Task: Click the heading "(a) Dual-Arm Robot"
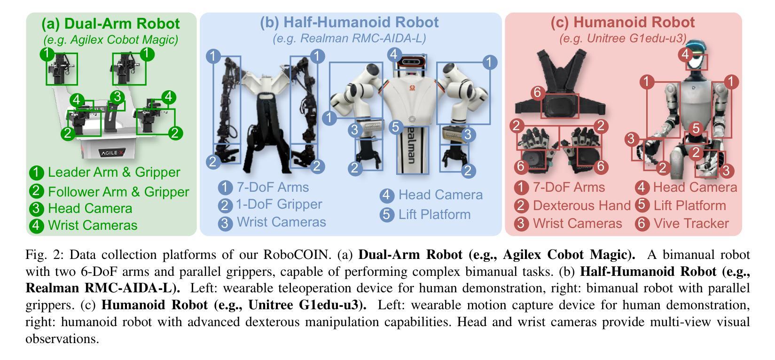click(x=110, y=23)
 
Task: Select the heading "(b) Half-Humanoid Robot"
click(x=349, y=22)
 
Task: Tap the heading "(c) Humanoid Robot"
click(x=622, y=22)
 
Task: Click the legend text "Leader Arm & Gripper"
click(x=114, y=172)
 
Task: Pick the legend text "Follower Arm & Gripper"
click(x=118, y=192)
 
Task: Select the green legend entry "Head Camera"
click(x=90, y=208)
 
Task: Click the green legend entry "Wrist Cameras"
click(x=93, y=225)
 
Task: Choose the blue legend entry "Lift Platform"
click(x=434, y=214)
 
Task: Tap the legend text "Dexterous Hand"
click(x=581, y=205)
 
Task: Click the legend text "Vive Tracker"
click(x=691, y=223)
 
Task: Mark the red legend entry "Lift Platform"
click(x=689, y=205)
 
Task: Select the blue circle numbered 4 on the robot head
click(x=394, y=55)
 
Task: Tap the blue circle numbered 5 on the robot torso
click(x=396, y=127)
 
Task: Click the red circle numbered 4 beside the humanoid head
click(x=686, y=55)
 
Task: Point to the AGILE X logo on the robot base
click(x=112, y=153)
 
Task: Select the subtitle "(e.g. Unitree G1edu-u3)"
click(x=623, y=38)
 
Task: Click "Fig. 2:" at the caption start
click(x=45, y=255)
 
